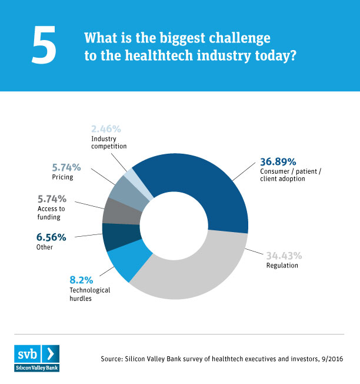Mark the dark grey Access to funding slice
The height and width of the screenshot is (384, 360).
click(x=114, y=210)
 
